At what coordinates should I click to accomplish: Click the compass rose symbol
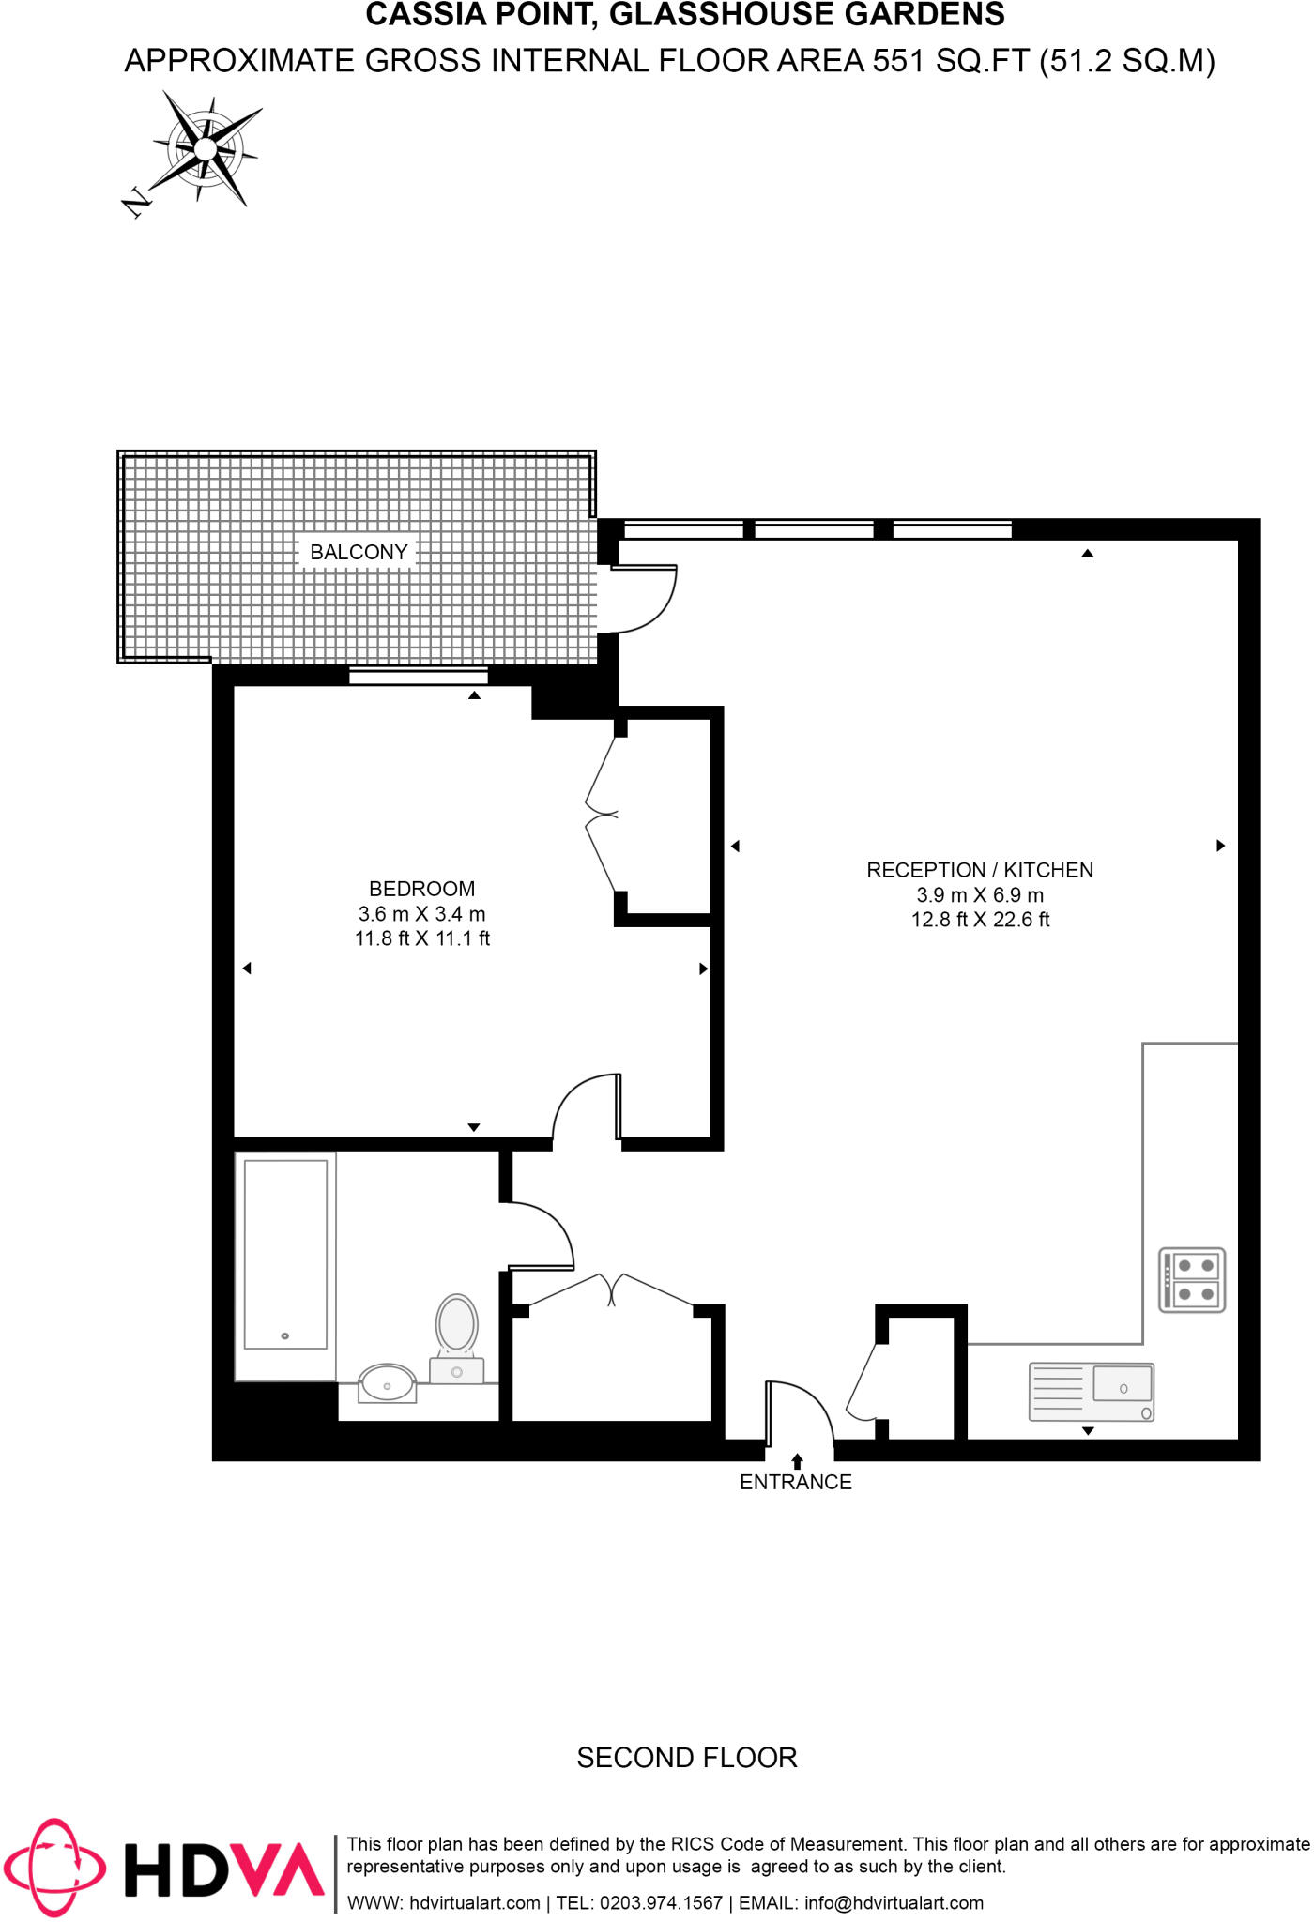[x=206, y=148]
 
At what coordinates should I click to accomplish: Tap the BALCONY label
[x=359, y=552]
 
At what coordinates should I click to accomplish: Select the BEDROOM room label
[x=421, y=888]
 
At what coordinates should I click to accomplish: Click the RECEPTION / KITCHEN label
[x=979, y=870]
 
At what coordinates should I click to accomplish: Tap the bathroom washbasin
[x=387, y=1383]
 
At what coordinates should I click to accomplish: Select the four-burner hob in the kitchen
[x=1192, y=1280]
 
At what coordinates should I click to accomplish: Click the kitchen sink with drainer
[x=1091, y=1392]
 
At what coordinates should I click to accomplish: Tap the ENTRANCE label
[x=795, y=1482]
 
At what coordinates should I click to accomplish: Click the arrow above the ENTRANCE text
[x=797, y=1460]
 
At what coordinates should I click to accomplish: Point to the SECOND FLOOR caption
[x=686, y=1757]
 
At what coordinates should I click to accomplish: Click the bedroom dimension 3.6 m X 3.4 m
[x=421, y=913]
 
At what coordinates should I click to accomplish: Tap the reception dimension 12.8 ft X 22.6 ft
[x=979, y=920]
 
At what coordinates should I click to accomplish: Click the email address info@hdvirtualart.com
[x=894, y=1902]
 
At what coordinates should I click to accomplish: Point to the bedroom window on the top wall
[x=419, y=676]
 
